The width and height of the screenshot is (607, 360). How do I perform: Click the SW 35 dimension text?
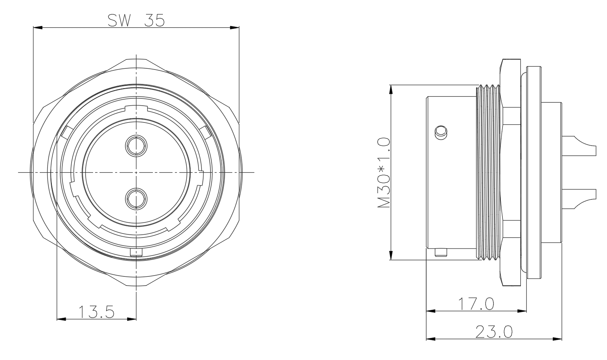[x=136, y=20]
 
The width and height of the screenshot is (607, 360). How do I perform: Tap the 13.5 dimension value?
[x=96, y=312]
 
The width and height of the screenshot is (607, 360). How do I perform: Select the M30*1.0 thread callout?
[x=384, y=173]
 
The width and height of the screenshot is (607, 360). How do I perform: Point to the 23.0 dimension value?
[x=494, y=332]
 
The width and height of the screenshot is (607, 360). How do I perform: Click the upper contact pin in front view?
[x=136, y=146]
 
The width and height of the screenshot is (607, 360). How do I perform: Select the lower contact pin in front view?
[x=136, y=199]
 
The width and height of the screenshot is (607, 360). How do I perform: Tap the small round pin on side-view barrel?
[x=441, y=133]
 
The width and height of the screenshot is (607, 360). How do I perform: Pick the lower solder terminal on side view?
[x=579, y=199]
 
